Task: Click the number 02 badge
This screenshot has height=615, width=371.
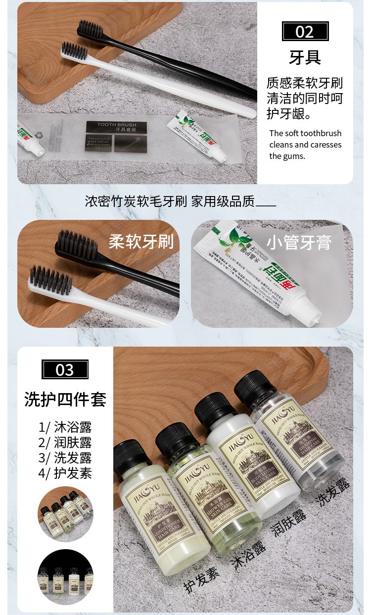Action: click(x=305, y=32)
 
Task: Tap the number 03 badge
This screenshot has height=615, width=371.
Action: click(x=65, y=370)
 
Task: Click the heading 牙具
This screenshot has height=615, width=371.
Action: click(x=305, y=57)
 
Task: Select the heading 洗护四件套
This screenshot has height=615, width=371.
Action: click(x=65, y=399)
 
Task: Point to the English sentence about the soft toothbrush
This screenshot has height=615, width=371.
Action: click(x=305, y=145)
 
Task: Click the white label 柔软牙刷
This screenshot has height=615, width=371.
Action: click(x=141, y=242)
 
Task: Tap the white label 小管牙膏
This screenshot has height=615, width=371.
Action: click(x=299, y=243)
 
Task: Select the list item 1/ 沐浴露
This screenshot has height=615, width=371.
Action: click(x=65, y=427)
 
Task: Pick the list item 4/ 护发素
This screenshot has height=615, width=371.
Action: click(x=65, y=473)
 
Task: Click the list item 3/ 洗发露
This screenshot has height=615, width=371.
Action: click(x=65, y=458)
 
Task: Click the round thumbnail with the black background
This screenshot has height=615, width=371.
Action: click(x=65, y=576)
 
